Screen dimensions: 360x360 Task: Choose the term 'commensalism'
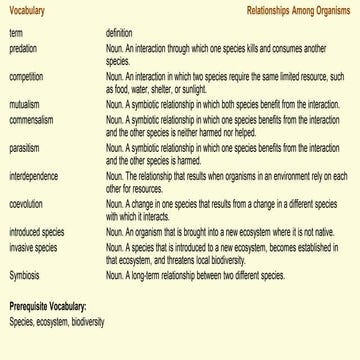[x=28, y=115]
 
